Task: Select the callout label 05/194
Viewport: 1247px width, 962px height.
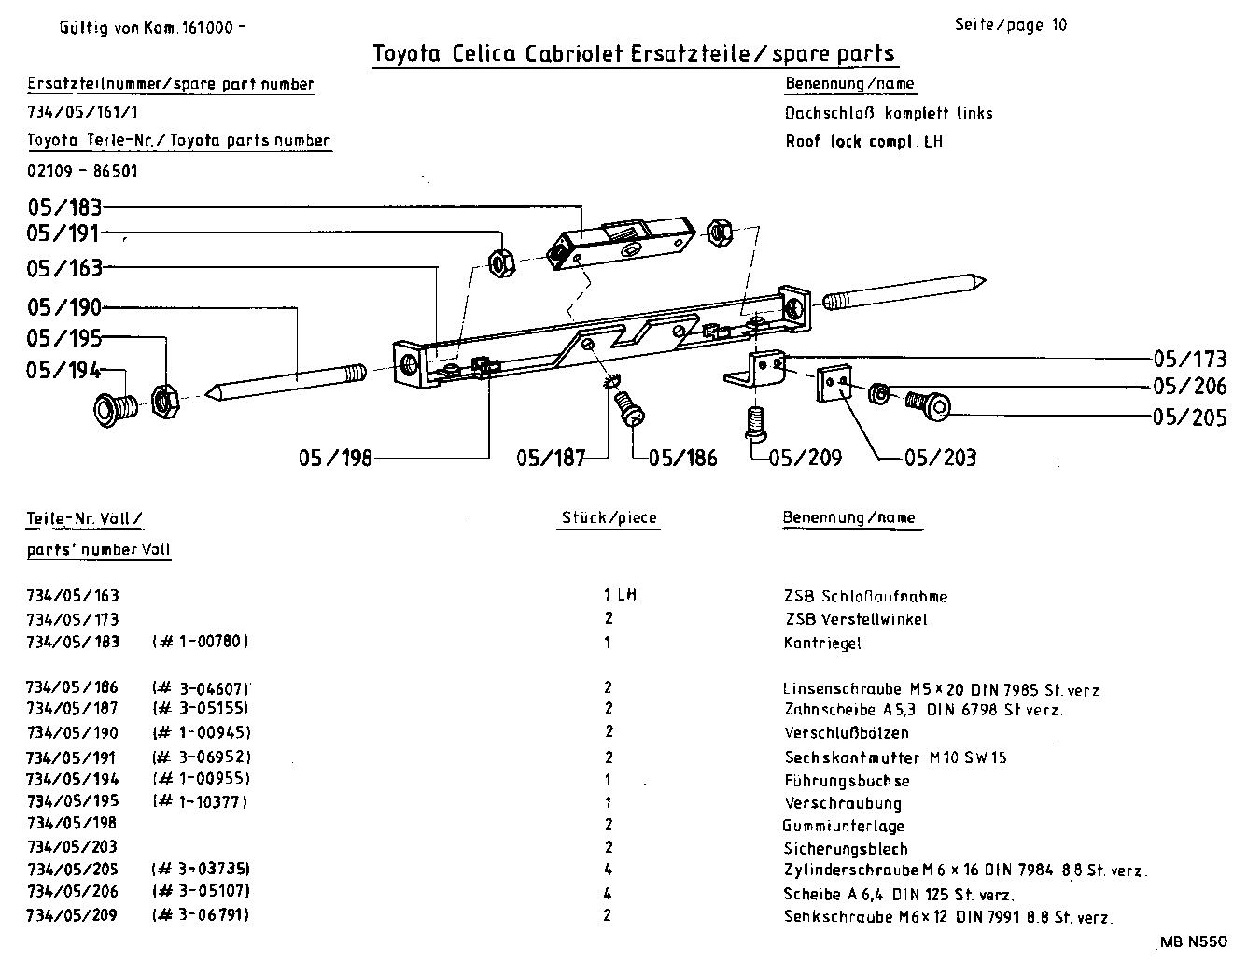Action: point(63,371)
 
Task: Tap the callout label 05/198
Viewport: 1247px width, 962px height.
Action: point(335,458)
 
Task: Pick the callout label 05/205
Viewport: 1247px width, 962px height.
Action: point(1190,417)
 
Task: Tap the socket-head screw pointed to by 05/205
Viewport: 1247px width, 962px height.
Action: point(929,403)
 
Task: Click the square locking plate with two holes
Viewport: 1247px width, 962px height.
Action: point(836,384)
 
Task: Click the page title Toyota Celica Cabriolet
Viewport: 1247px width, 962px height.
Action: point(634,53)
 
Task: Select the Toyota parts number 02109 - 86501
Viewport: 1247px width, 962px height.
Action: point(83,171)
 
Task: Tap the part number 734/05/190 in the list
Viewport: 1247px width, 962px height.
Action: point(73,732)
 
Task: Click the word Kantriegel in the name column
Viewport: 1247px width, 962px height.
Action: point(822,643)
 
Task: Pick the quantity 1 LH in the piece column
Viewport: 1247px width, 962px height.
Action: point(620,595)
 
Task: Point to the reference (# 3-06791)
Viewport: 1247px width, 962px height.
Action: point(201,914)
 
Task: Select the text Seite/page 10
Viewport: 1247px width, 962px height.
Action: point(1010,25)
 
